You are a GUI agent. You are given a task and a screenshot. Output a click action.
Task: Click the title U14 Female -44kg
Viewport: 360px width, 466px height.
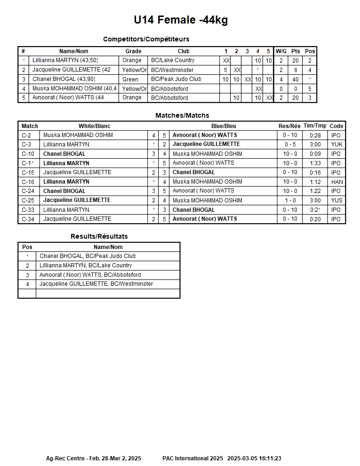181,20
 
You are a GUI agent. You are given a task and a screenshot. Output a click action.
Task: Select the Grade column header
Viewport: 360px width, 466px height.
133,51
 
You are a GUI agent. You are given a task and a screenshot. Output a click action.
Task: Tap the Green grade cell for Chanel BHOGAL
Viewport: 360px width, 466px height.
130,80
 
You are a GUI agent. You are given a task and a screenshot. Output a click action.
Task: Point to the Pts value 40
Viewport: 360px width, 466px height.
296,80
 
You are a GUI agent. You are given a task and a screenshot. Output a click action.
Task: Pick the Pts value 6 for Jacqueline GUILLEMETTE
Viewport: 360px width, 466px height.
296,70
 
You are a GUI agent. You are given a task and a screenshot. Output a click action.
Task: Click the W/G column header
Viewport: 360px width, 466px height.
281,51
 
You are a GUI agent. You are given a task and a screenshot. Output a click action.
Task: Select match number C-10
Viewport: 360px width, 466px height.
28,154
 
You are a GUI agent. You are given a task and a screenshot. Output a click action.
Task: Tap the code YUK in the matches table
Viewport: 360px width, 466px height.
336,145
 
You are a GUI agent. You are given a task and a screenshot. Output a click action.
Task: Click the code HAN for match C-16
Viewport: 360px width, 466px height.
336,182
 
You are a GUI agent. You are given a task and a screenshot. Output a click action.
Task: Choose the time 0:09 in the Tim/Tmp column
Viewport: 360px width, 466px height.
315,154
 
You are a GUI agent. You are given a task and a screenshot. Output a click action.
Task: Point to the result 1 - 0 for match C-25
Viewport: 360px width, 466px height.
290,201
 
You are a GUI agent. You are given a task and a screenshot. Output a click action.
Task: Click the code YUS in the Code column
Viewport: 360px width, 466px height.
336,201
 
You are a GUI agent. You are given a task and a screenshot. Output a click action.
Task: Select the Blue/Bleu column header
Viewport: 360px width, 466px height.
224,126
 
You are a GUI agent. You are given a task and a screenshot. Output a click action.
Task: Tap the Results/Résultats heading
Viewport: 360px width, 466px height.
99,236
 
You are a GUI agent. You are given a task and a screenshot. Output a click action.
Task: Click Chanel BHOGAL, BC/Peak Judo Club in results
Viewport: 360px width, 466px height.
88,256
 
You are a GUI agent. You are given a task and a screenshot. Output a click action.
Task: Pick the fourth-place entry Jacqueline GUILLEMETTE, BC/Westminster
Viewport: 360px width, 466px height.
96,284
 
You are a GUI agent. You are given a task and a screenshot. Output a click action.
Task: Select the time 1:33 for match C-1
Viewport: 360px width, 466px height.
315,163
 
